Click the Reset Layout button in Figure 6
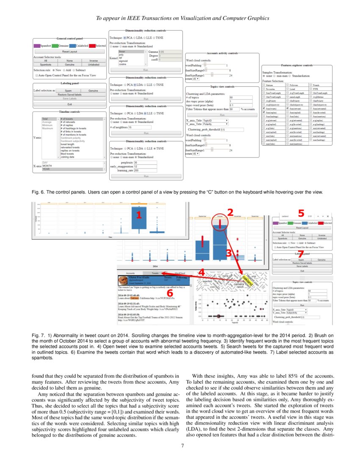coord(69,51)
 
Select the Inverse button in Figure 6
coord(93,61)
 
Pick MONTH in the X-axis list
coord(47,166)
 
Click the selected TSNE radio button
coord(155,149)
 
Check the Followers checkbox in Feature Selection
coord(288,85)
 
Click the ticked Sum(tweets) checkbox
coord(264,108)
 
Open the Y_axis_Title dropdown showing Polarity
coord(216,125)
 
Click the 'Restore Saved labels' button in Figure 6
coord(69,94)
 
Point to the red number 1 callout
coord(137,215)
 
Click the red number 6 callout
coord(169,292)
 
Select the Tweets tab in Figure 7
coord(155,273)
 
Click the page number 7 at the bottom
coord(182,445)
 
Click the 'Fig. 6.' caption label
coord(39,192)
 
